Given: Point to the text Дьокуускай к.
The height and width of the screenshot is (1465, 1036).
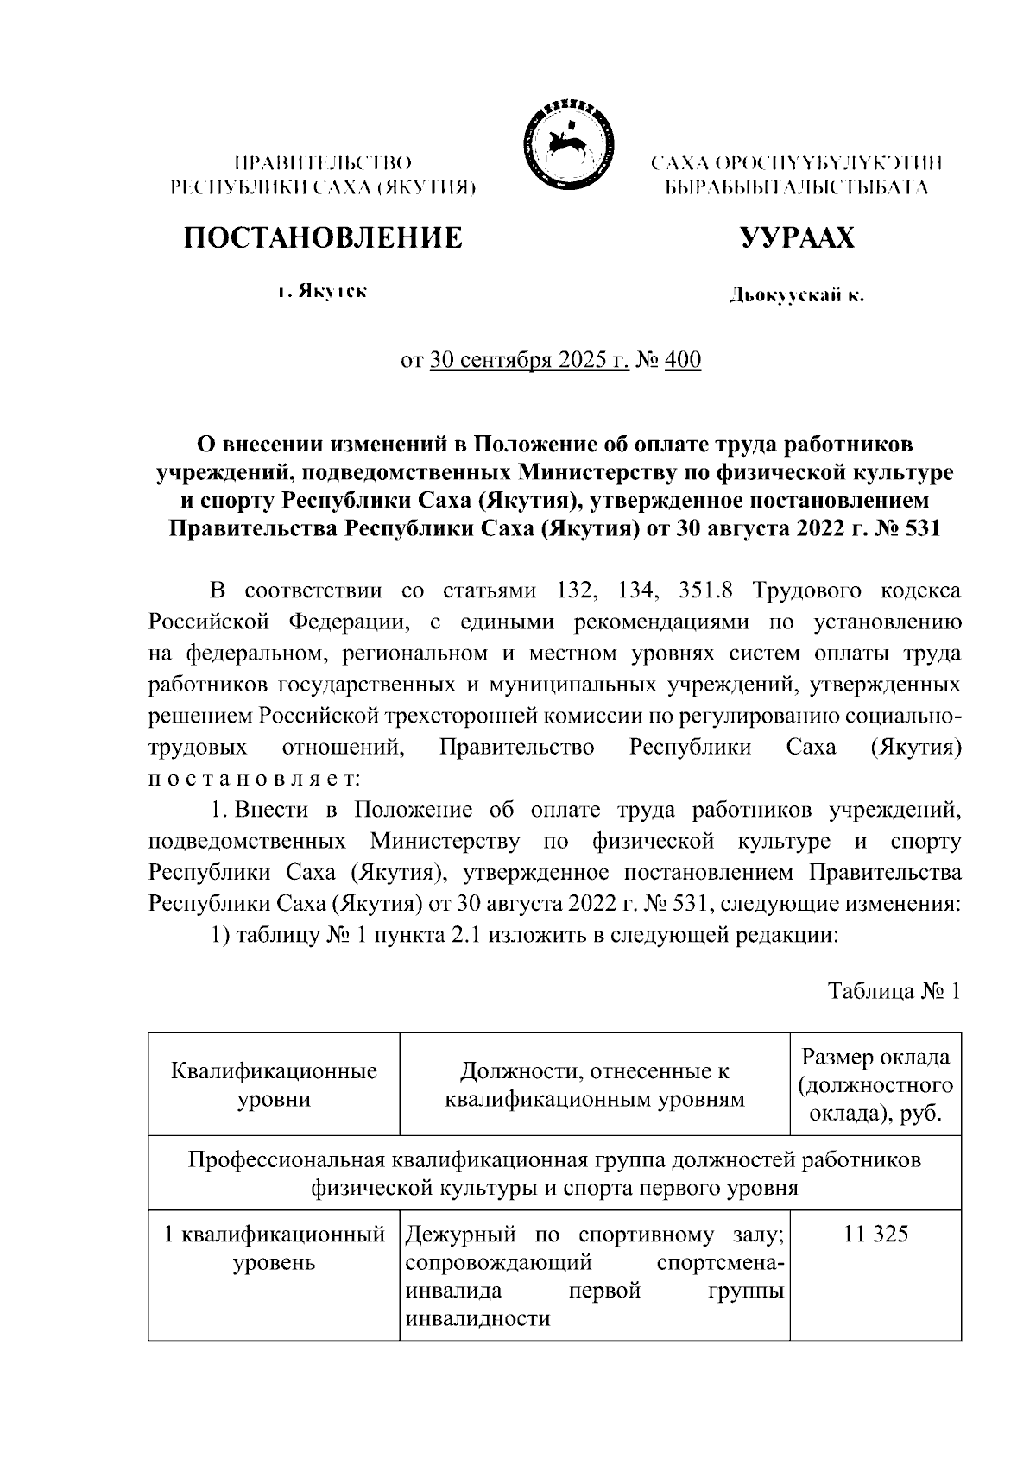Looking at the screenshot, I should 796,296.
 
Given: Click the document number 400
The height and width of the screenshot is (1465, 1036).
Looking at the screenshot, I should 683,360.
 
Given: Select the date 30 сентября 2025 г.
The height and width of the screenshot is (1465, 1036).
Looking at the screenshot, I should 528,360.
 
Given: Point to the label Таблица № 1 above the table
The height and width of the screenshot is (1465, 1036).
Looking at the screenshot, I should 894,991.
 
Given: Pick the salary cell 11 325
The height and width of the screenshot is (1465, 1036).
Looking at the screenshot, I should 875,1235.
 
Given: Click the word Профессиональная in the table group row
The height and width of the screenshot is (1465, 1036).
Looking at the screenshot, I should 287,1159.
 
